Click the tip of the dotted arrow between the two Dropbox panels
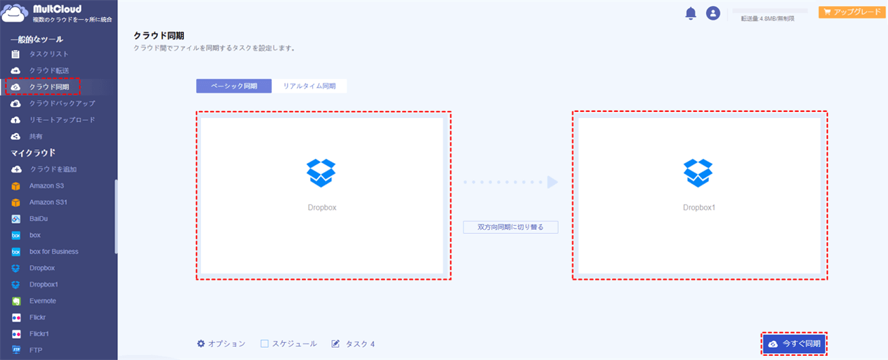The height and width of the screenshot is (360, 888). tap(558, 182)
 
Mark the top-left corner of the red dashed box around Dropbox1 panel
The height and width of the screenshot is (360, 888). tap(572, 111)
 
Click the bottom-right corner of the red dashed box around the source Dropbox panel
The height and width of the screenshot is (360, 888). tap(450, 280)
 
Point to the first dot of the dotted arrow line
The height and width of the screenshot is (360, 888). tap(465, 182)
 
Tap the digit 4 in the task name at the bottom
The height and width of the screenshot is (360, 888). tap(372, 344)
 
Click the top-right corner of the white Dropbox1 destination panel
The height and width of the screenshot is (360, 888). tap(821, 118)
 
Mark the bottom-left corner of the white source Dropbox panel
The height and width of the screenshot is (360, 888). tap(201, 273)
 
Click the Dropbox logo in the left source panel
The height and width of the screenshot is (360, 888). tap(321, 173)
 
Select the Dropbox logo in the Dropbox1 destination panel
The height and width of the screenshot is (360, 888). tap(698, 173)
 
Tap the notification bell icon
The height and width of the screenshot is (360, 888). tap(690, 14)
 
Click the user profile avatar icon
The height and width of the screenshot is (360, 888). tap(713, 13)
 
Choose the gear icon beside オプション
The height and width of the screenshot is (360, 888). tap(201, 344)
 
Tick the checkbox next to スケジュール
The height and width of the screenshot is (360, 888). tap(264, 344)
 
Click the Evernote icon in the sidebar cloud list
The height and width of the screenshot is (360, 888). tap(16, 301)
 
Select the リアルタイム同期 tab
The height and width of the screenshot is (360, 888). tap(309, 86)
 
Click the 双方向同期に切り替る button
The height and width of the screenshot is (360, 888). tap(510, 227)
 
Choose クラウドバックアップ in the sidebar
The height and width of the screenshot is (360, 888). tap(62, 104)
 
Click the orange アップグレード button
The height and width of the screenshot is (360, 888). tap(852, 12)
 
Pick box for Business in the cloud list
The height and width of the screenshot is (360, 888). tap(54, 252)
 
